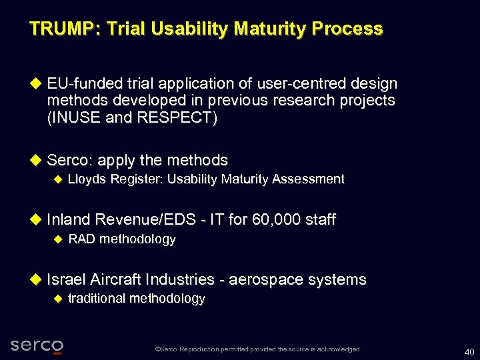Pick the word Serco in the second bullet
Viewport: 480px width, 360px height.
70,161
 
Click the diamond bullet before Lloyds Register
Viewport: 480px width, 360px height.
57,179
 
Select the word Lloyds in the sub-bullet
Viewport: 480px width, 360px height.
87,179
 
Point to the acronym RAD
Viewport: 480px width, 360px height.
82,239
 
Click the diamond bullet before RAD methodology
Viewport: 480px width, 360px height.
57,239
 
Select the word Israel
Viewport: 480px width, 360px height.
65,279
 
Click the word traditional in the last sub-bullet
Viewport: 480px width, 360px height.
97,299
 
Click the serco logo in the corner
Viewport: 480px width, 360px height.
37,345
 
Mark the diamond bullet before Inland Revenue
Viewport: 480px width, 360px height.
37,219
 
